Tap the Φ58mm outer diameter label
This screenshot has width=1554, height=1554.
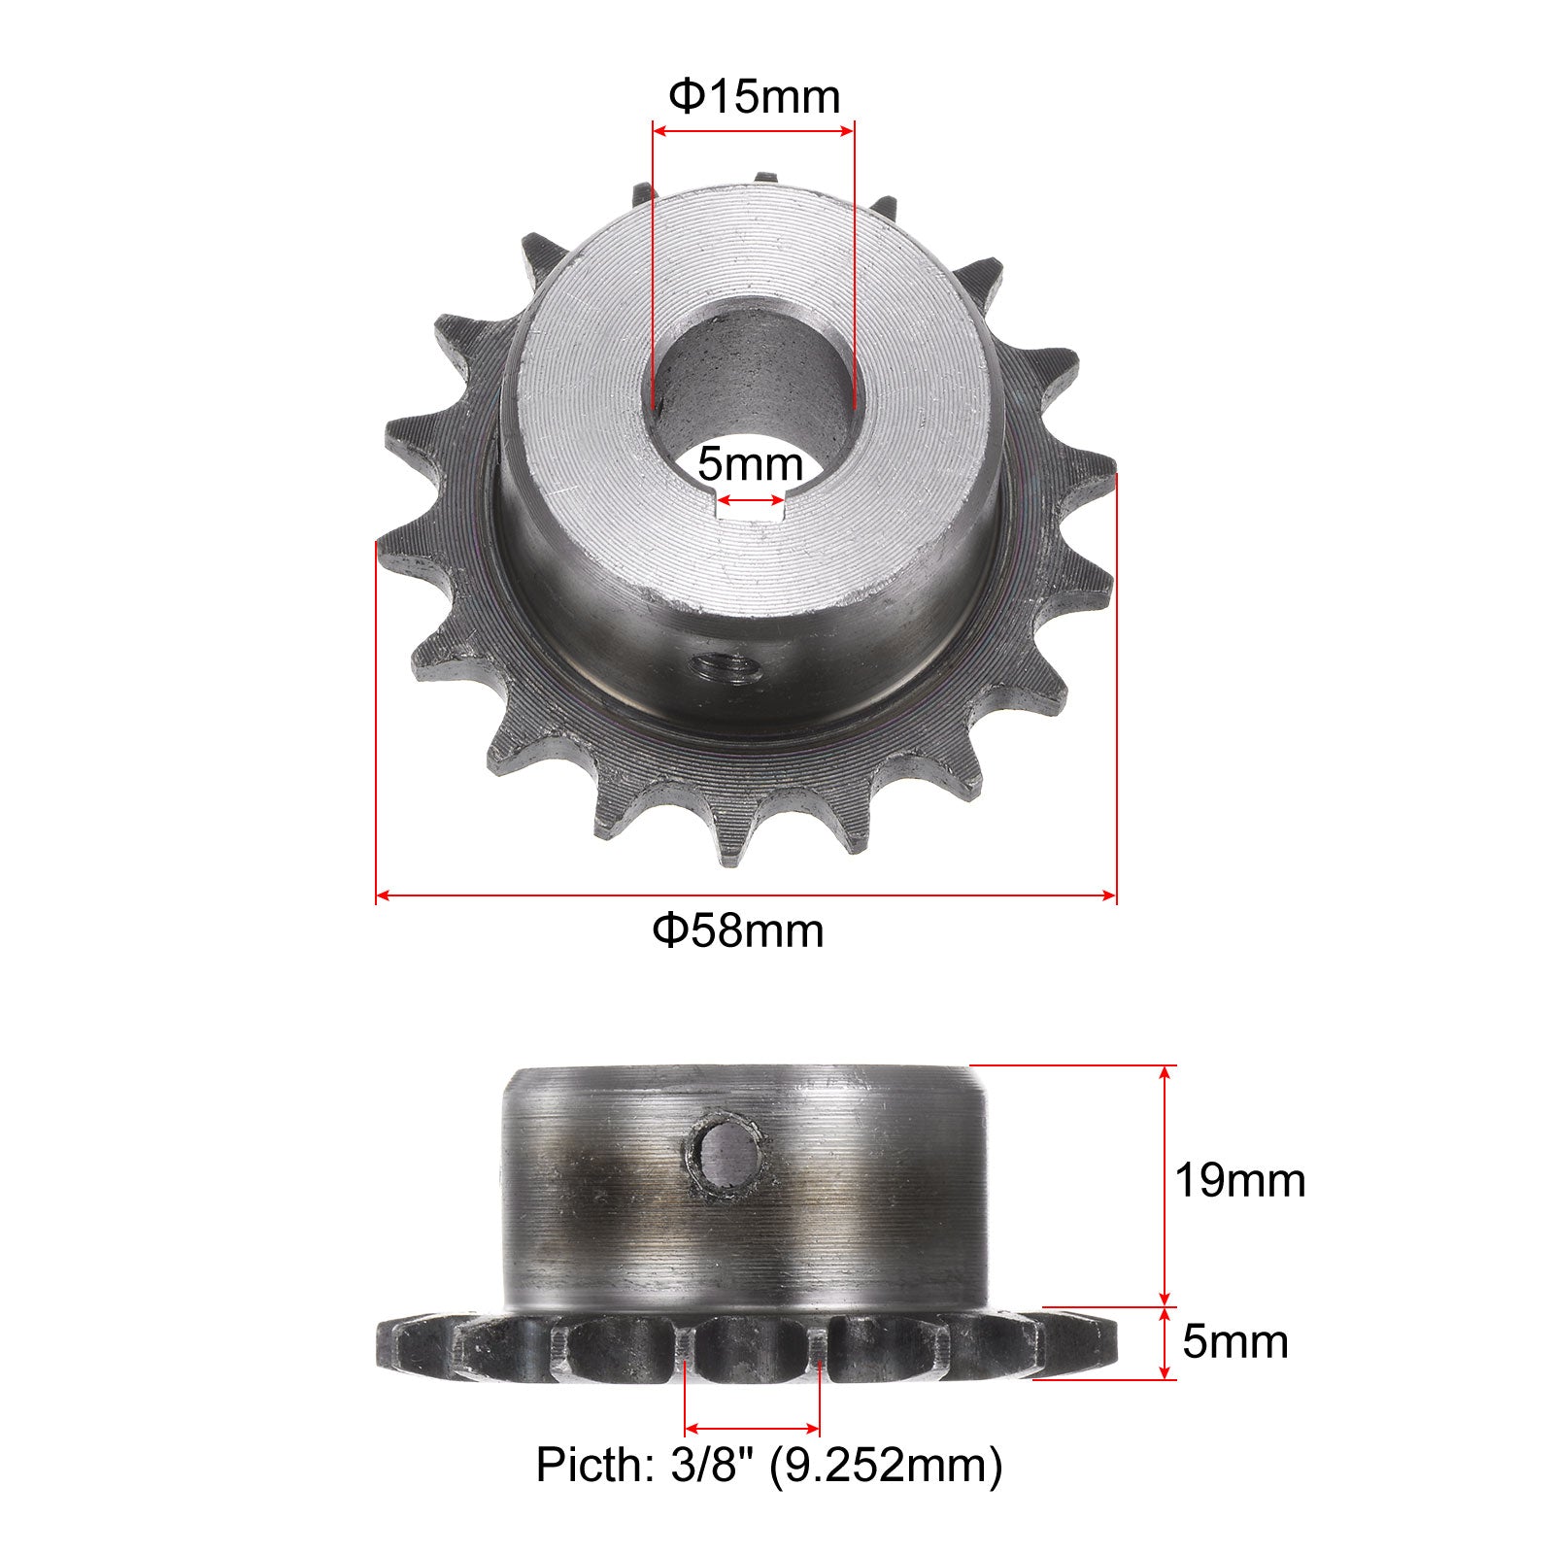pos(738,930)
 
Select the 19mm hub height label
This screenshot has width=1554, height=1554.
pos(1240,1181)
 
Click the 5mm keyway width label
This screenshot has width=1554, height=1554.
pos(750,465)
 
